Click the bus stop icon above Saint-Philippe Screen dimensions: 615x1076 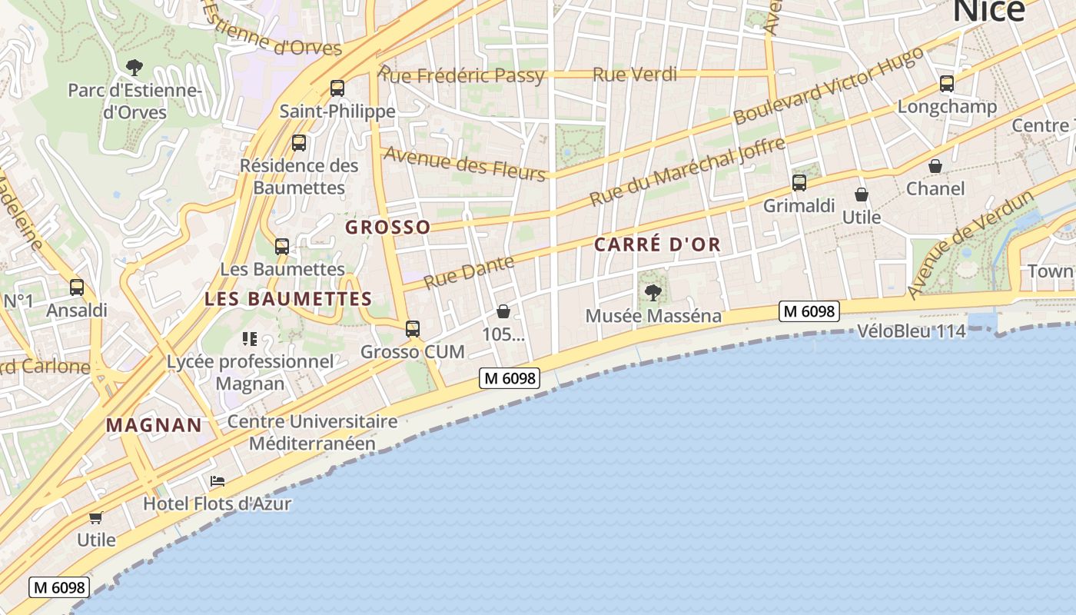click(x=337, y=88)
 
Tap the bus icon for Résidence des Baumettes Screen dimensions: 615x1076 click(x=299, y=143)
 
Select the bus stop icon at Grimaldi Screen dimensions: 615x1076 click(x=799, y=183)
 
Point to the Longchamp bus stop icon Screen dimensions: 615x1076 click(x=947, y=84)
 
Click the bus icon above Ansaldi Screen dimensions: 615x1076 click(x=77, y=288)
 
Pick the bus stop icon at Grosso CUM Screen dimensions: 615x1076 click(x=413, y=329)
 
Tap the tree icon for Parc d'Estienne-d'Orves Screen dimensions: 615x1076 click(x=134, y=68)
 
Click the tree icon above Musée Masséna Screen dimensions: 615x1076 click(x=653, y=292)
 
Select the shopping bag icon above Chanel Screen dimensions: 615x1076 click(x=935, y=166)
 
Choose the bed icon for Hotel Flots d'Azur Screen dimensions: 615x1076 click(x=218, y=481)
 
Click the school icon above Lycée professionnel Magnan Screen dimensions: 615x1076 click(x=249, y=338)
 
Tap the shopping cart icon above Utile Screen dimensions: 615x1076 click(x=96, y=517)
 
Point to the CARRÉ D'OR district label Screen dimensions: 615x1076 click(x=657, y=244)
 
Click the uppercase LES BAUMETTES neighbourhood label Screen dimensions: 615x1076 click(x=288, y=299)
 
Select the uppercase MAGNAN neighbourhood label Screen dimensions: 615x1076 click(x=154, y=424)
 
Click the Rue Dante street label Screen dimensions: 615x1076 click(x=469, y=272)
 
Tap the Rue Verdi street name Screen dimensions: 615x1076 click(x=635, y=75)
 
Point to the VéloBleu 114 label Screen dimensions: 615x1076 click(x=911, y=331)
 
